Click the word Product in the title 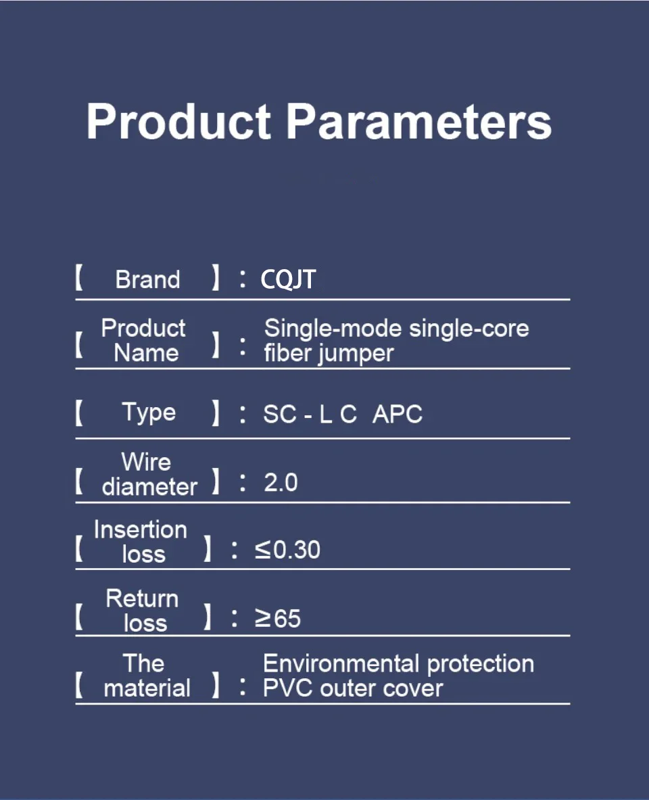click(178, 121)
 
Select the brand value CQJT click(288, 279)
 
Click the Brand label click(147, 279)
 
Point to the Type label click(149, 413)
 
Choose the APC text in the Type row click(398, 414)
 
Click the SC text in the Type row click(280, 414)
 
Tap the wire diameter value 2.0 click(281, 482)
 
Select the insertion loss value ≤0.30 click(288, 550)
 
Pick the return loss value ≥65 click(278, 618)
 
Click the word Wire click(146, 462)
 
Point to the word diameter click(149, 486)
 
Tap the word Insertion click(141, 530)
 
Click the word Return click(142, 598)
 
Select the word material click(147, 688)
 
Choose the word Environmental click(342, 663)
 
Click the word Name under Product click(146, 352)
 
